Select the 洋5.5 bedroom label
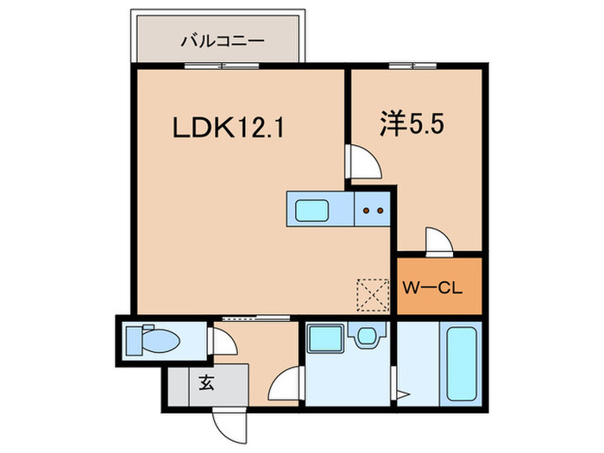pyautogui.click(x=413, y=124)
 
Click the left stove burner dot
pyautogui.click(x=367, y=209)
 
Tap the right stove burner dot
pyautogui.click(x=380, y=209)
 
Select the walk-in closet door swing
pyautogui.click(x=438, y=242)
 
